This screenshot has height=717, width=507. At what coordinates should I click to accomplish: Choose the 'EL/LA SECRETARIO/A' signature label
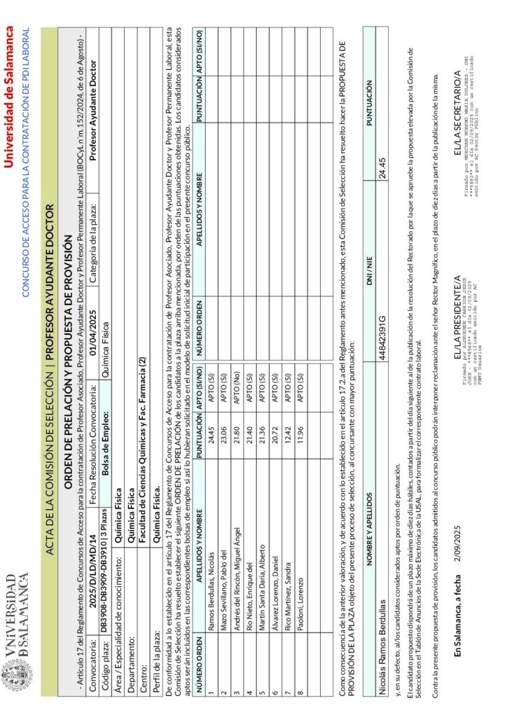[454, 87]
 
